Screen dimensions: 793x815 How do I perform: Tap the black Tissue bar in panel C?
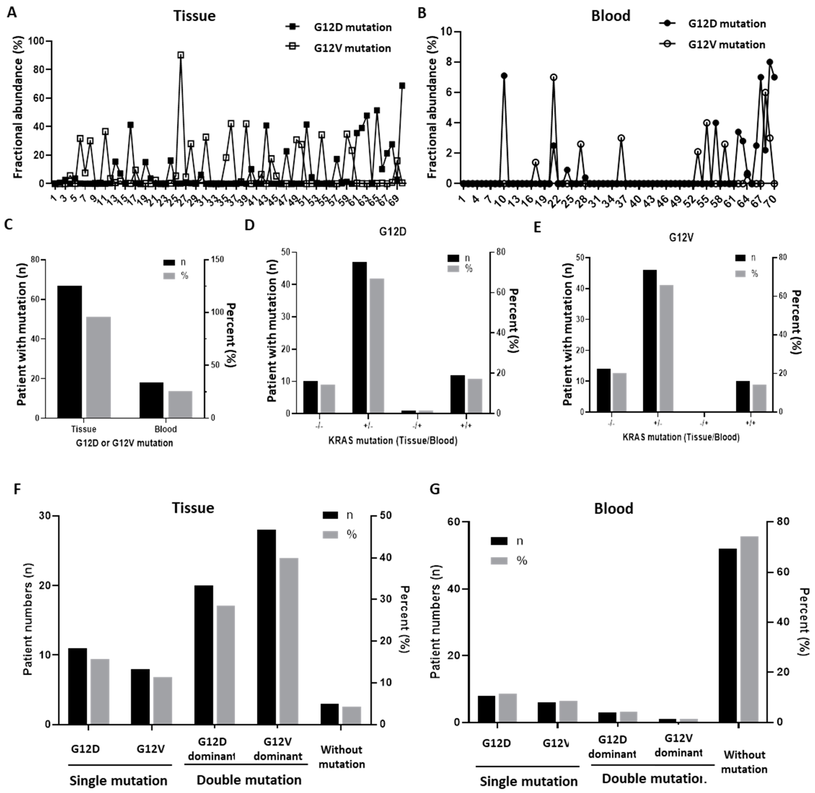point(70,352)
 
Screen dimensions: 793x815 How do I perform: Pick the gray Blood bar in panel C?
point(180,404)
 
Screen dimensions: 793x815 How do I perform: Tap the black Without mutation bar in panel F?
point(329,714)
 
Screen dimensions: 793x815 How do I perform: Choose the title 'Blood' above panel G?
point(613,508)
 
